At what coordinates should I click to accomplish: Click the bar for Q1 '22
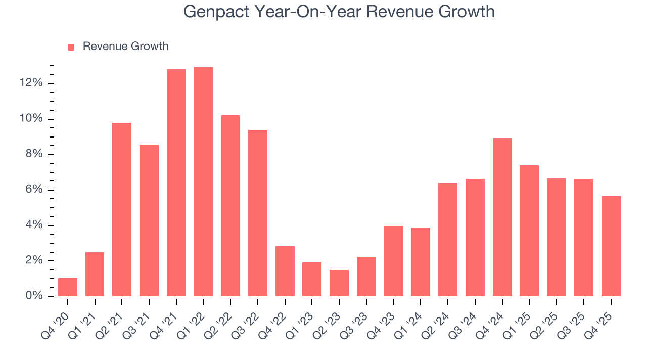(203, 182)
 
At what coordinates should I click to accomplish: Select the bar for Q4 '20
(68, 287)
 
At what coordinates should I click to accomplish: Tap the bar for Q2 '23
(339, 283)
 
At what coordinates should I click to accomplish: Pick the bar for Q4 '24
(502, 217)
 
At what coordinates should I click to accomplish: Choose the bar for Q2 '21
(122, 210)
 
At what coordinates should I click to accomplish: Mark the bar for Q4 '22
(285, 271)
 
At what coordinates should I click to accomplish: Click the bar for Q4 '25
(611, 246)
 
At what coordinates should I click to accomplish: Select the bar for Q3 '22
(257, 213)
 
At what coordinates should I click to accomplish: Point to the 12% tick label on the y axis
(31, 83)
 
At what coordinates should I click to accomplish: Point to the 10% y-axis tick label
(31, 119)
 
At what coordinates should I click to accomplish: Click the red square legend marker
(71, 47)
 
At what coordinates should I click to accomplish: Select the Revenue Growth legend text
(125, 47)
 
